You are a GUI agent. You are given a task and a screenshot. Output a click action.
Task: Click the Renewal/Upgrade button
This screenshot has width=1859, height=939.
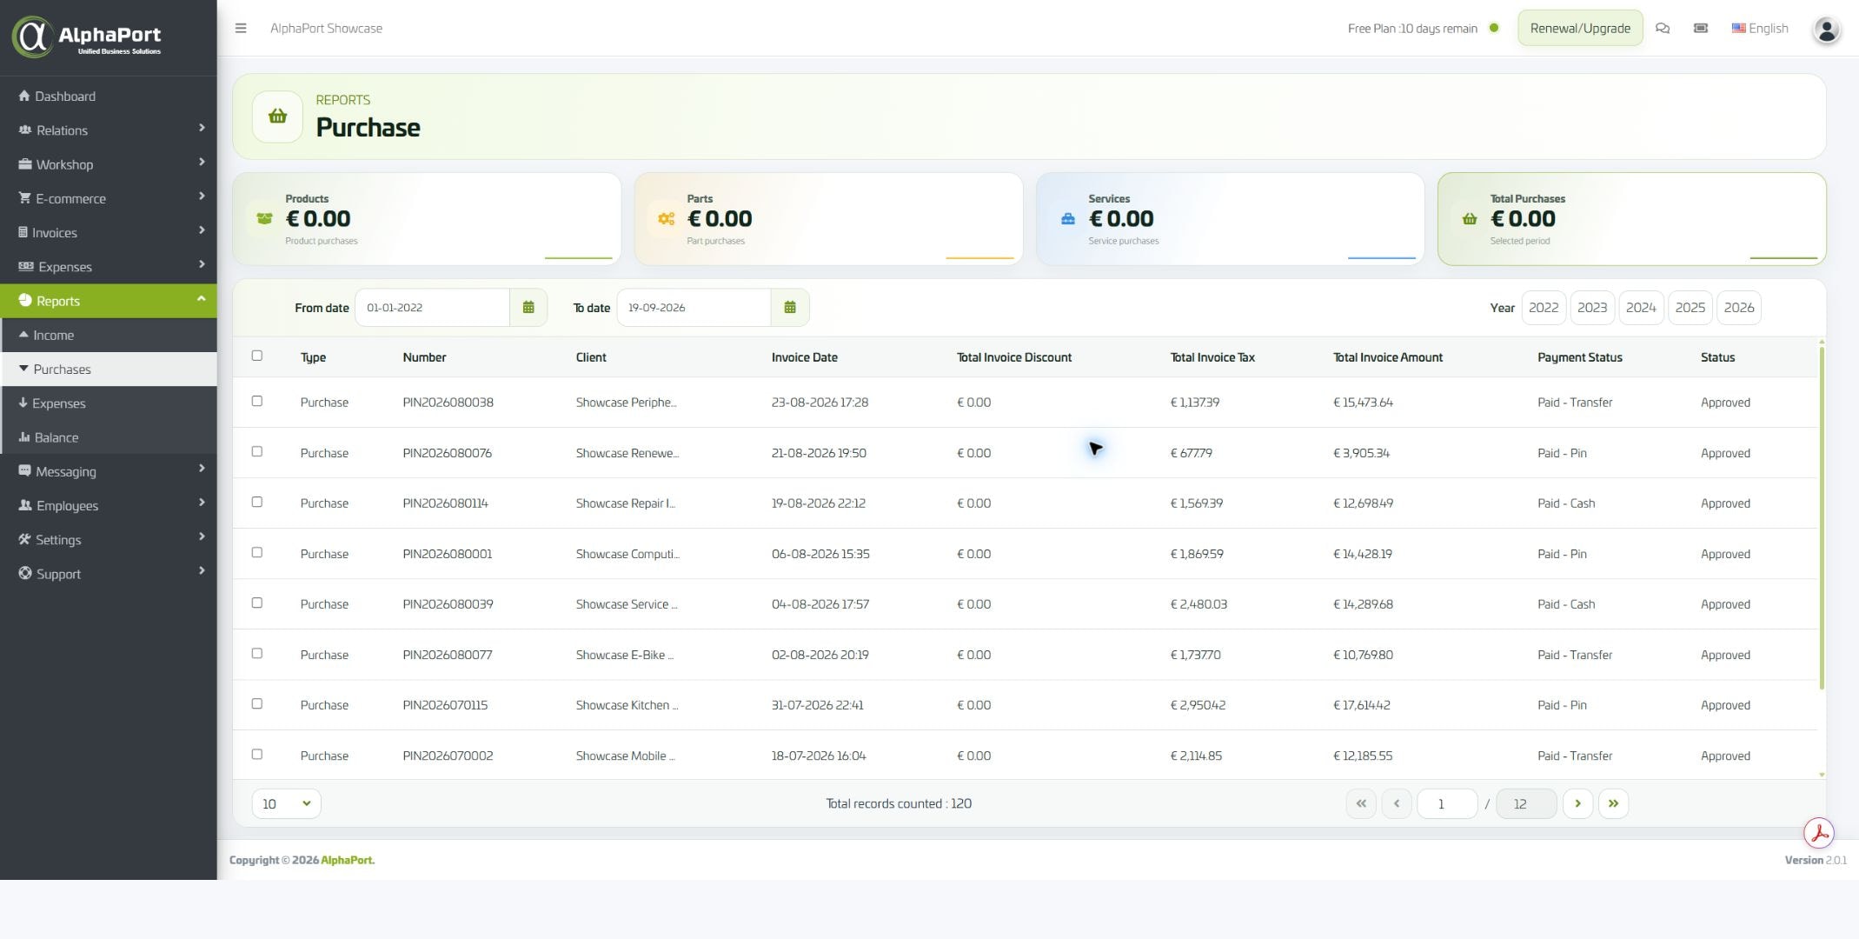coord(1579,28)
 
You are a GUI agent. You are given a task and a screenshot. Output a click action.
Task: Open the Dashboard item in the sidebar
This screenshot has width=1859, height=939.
coord(56,97)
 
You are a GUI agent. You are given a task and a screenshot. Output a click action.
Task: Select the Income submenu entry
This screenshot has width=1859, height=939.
coord(53,336)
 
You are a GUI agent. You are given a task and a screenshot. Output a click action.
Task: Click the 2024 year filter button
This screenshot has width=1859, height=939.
coord(1640,308)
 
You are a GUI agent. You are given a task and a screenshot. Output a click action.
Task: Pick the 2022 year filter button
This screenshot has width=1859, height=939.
coord(1543,308)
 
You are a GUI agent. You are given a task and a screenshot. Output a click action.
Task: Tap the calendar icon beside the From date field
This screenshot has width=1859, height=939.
coord(528,308)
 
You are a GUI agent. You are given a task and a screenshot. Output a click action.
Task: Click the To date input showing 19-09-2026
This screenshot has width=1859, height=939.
coord(694,308)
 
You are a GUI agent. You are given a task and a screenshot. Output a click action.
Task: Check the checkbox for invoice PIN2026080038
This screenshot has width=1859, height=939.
coord(256,401)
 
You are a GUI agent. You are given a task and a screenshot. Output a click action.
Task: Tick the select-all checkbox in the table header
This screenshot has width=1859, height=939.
coord(256,356)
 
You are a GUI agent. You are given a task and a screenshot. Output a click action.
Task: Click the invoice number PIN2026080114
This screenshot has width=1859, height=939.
coord(445,503)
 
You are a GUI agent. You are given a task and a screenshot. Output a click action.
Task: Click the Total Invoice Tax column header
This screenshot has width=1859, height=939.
coord(1212,357)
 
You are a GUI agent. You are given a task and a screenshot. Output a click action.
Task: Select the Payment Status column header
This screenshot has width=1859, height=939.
coord(1579,357)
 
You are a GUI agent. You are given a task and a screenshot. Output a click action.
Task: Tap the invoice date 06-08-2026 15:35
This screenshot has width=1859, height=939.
coord(820,554)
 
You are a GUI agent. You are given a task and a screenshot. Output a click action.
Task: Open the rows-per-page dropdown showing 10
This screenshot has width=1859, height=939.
coord(286,803)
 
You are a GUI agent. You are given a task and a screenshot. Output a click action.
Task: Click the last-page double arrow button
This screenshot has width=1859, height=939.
coord(1613,803)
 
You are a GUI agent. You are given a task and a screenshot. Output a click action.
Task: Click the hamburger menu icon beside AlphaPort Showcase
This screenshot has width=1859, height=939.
coord(241,28)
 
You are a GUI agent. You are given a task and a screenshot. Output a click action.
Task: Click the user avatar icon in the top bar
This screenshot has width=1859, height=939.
coord(1826,30)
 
